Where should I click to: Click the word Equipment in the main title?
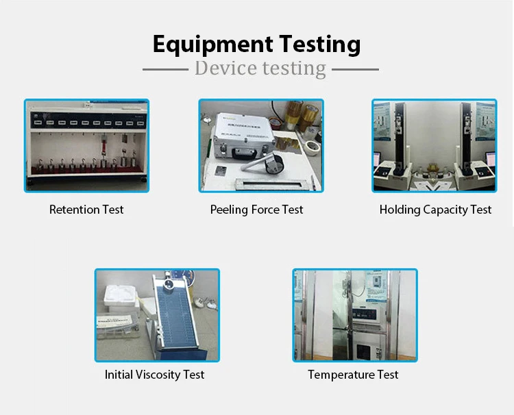212,45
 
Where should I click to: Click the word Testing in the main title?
320,45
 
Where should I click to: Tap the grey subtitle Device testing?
260,68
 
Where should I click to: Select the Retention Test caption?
86,210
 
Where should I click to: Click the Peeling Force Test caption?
257,210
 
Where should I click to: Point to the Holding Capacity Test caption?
435,210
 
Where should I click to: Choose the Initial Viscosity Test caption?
154,375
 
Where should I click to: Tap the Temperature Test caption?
353,375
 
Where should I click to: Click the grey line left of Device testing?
166,69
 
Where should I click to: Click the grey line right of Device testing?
355,69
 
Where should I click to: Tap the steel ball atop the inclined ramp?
169,284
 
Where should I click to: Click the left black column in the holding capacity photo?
400,134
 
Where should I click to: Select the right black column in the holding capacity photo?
466,134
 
